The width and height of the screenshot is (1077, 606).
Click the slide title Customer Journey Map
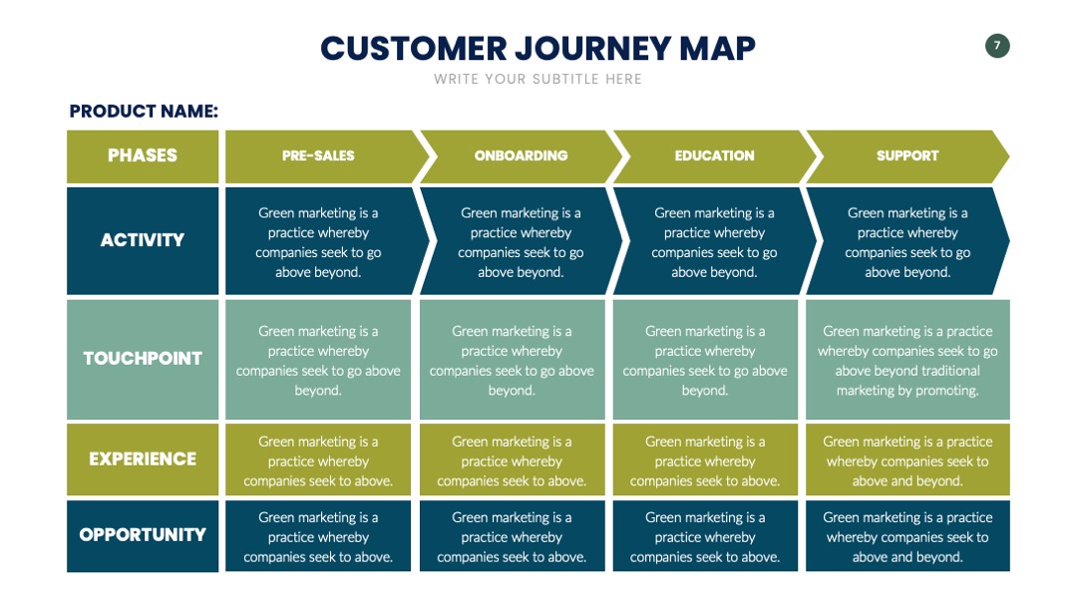pos(538,48)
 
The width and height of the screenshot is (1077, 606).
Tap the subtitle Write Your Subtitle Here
pos(538,79)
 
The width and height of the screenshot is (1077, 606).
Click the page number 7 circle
pos(997,46)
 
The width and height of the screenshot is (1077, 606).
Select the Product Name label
pos(144,112)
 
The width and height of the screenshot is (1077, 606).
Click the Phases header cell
pos(143,156)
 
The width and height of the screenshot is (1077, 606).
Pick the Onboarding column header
pos(522,156)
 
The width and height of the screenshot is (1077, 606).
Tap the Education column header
pos(714,156)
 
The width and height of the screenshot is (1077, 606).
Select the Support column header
pos(907,156)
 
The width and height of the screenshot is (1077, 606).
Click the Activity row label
pos(143,240)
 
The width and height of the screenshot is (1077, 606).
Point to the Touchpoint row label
pos(143,359)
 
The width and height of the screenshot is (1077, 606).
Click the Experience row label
pos(143,459)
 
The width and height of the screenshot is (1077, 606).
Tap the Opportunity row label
pos(143,535)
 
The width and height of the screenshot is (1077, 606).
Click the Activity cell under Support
pos(907,241)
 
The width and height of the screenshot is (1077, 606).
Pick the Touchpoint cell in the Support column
pos(907,360)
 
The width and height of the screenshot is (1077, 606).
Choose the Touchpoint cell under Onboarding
pos(512,360)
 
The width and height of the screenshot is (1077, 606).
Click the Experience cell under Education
pos(705,459)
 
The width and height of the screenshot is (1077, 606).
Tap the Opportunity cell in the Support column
pos(907,536)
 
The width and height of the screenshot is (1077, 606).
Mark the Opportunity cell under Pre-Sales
pos(318,536)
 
